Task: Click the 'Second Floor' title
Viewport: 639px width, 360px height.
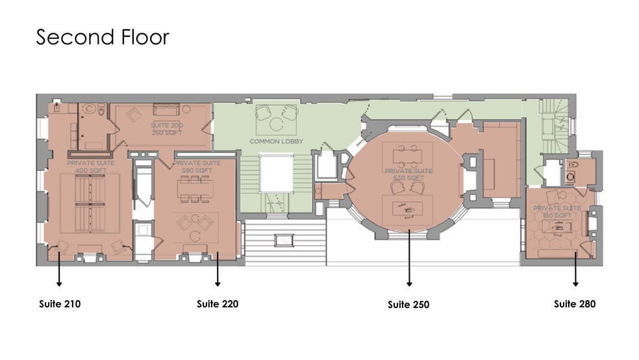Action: tap(102, 37)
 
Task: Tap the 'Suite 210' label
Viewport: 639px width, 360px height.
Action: tap(59, 303)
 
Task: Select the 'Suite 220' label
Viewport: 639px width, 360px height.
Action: tap(218, 303)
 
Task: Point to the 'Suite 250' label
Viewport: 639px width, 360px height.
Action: tap(408, 304)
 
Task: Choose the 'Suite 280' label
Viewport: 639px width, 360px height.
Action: tap(575, 303)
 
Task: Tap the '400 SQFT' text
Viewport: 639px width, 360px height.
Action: tap(90, 170)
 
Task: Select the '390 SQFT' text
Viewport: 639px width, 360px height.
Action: tap(198, 170)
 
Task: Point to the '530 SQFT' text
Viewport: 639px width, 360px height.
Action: tap(408, 177)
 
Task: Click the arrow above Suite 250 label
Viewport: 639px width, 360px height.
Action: tap(409, 260)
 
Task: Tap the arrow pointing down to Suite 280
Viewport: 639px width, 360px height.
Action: tap(575, 266)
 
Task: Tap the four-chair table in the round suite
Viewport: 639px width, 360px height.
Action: tap(409, 155)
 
